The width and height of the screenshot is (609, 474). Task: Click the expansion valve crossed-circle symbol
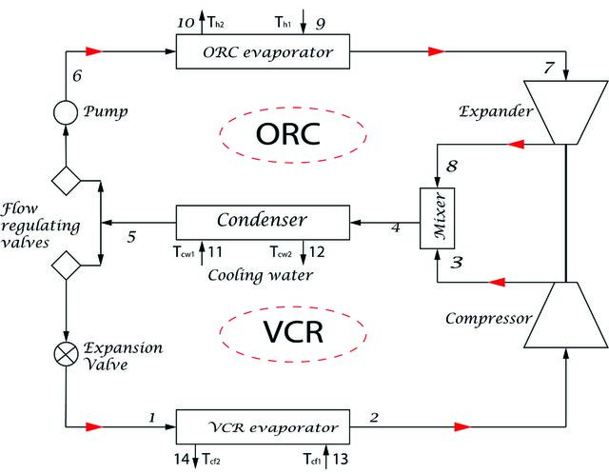pyautogui.click(x=66, y=354)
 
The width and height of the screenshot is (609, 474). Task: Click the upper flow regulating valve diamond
pyautogui.click(x=66, y=181)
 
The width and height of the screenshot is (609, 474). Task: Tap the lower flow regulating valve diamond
pyautogui.click(x=66, y=266)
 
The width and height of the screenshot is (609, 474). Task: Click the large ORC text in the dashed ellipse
pyautogui.click(x=288, y=134)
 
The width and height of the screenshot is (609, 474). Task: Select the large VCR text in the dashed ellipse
pyautogui.click(x=293, y=331)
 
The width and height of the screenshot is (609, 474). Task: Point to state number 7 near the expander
pyautogui.click(x=549, y=68)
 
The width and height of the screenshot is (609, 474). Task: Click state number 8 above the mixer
pyautogui.click(x=451, y=166)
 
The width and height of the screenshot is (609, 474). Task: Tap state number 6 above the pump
pyautogui.click(x=77, y=75)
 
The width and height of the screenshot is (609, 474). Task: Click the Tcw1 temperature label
pyautogui.click(x=184, y=252)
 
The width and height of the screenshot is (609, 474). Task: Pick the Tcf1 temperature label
pyautogui.click(x=312, y=459)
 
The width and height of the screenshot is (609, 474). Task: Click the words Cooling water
pyautogui.click(x=260, y=275)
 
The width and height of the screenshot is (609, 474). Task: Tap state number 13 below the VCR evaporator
pyautogui.click(x=341, y=459)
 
